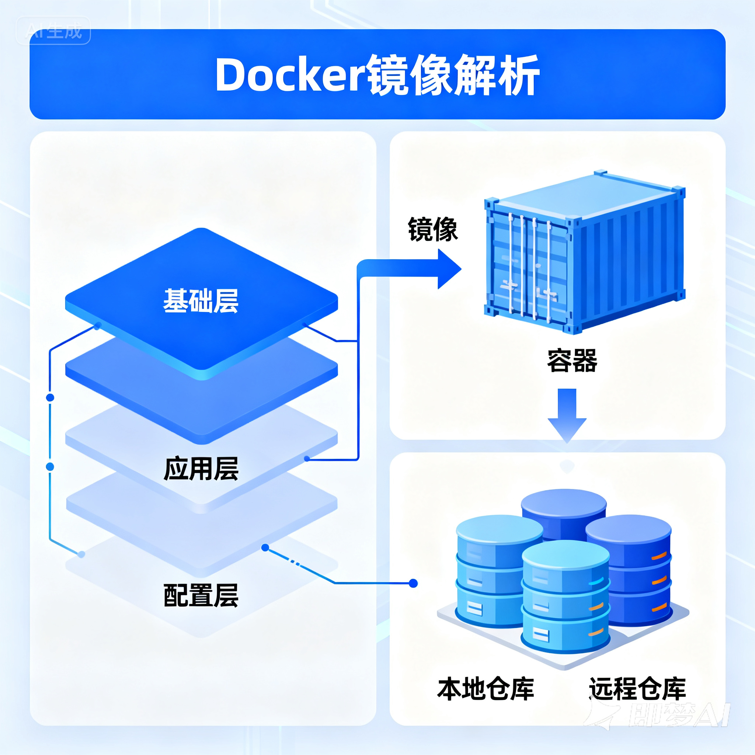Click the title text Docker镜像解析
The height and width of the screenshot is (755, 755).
tap(377, 75)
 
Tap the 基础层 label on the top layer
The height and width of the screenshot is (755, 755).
tap(201, 301)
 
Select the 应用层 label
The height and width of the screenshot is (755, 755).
tap(201, 469)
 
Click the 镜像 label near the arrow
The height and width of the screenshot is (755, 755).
tap(432, 229)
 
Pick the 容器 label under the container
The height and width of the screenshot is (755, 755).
tap(572, 360)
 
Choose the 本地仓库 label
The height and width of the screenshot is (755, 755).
tap(486, 689)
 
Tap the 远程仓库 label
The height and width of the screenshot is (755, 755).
tap(637, 689)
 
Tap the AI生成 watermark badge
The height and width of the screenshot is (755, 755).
tap(53, 31)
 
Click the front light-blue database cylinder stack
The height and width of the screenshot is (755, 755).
tap(566, 598)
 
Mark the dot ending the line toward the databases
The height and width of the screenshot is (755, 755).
tap(413, 584)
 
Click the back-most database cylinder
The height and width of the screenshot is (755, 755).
tap(564, 508)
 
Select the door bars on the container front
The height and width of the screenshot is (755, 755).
tap(529, 266)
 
